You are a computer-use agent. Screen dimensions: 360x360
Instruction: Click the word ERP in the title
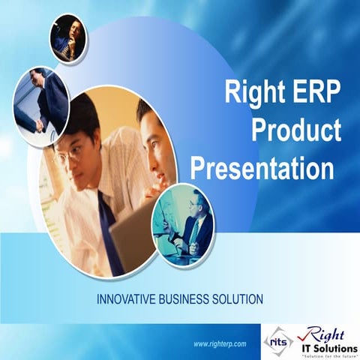tap(311, 94)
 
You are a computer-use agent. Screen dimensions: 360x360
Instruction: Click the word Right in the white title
tap(251, 94)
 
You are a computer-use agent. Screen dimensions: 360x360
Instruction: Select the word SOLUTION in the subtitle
tap(238, 298)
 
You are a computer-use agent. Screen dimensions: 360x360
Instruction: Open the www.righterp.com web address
tap(220, 343)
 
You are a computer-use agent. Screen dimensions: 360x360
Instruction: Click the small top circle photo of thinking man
tap(68, 38)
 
